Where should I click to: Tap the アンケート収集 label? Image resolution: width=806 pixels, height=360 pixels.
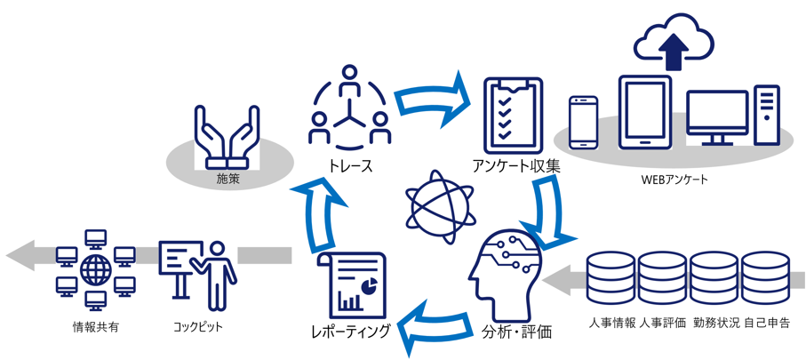pyautogui.click(x=516, y=164)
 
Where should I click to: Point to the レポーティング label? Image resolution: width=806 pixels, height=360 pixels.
pyautogui.click(x=351, y=332)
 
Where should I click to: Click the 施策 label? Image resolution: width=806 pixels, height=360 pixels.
pyautogui.click(x=228, y=180)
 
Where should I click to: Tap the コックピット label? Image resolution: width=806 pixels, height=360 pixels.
pyautogui.click(x=197, y=326)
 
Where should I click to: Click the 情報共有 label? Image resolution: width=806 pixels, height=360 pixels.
pyautogui.click(x=95, y=326)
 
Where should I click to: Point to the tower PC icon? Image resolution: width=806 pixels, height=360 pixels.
pyautogui.click(x=766, y=116)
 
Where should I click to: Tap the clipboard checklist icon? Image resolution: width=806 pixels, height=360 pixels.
pyautogui.click(x=512, y=113)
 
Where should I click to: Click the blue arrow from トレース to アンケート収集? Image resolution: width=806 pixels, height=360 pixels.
pyautogui.click(x=431, y=100)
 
